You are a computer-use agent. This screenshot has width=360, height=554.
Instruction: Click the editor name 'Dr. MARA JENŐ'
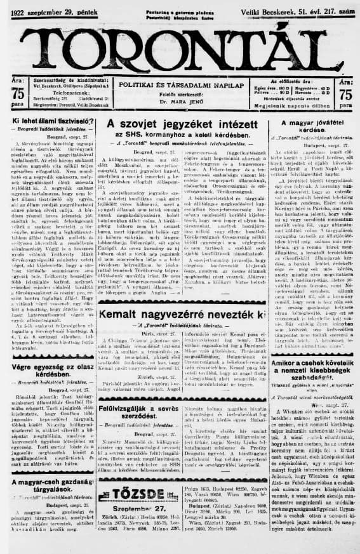[x=180, y=102]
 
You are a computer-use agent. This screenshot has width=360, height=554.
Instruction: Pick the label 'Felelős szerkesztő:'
[x=180, y=95]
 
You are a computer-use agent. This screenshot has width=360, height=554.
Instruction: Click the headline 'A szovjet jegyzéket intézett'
[x=180, y=124]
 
